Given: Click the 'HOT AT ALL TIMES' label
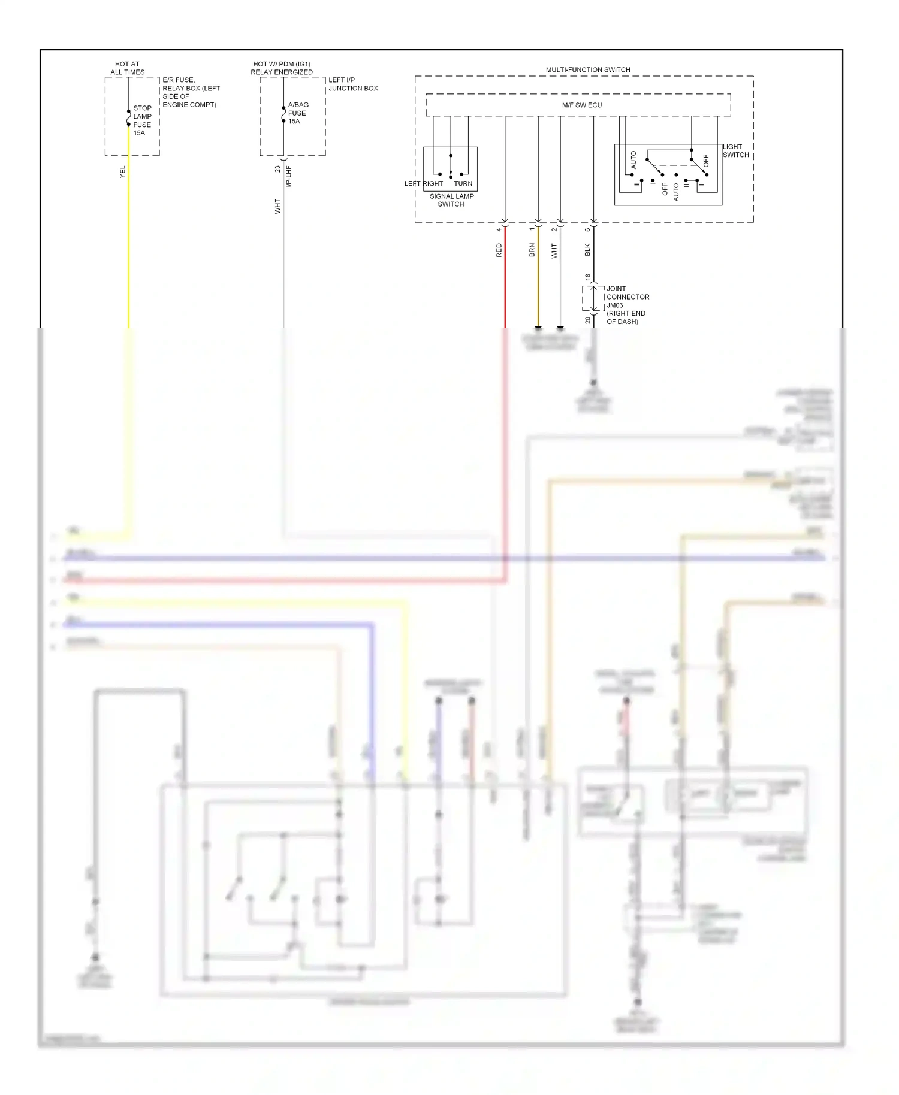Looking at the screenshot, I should click(127, 68).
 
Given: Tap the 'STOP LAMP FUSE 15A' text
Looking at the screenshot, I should click(142, 120).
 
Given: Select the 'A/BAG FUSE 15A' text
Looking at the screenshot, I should click(297, 113).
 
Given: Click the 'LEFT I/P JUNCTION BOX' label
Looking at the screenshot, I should click(352, 84).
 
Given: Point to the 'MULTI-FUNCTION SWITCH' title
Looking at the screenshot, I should click(587, 69).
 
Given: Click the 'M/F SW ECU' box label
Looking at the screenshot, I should click(581, 105).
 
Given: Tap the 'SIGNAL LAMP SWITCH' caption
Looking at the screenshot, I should click(451, 200).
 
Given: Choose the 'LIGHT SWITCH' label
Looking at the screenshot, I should click(735, 150).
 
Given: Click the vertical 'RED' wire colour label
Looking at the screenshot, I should click(499, 250).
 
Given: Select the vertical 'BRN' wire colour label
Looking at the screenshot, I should click(532, 250).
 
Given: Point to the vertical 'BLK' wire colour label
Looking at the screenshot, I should click(587, 250).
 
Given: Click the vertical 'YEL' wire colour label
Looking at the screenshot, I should click(123, 172).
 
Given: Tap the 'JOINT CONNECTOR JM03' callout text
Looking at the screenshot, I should click(627, 297).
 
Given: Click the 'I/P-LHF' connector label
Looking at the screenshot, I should click(288, 177).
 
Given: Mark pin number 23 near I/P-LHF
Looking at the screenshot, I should click(277, 170).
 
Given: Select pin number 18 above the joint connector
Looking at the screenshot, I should click(587, 277).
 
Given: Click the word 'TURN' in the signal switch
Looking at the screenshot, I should click(463, 183).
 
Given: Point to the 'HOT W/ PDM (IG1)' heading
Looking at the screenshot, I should click(282, 63).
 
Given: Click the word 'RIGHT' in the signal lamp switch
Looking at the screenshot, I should click(433, 183).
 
